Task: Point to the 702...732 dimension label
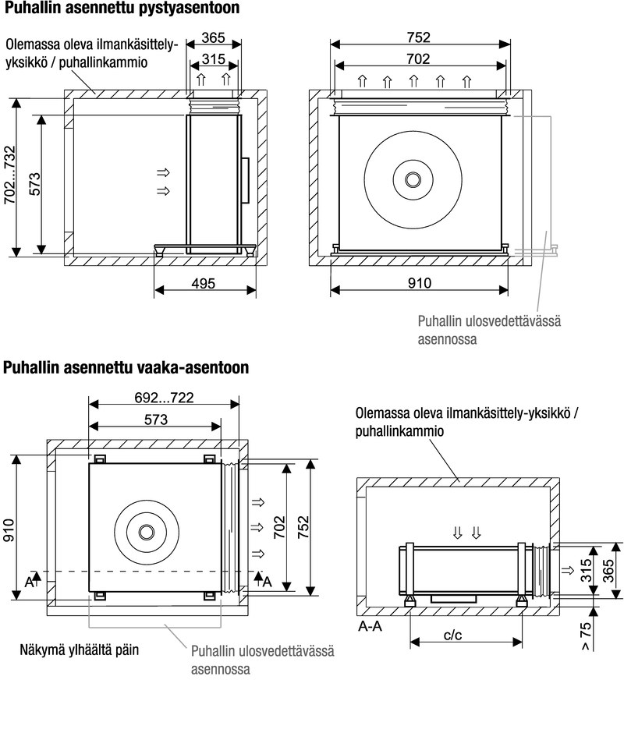[x=10, y=178]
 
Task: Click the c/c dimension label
[x=452, y=636]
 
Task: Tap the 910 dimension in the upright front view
[x=420, y=284]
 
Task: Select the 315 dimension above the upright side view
[x=214, y=60]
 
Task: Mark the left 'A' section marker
[x=29, y=581]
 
